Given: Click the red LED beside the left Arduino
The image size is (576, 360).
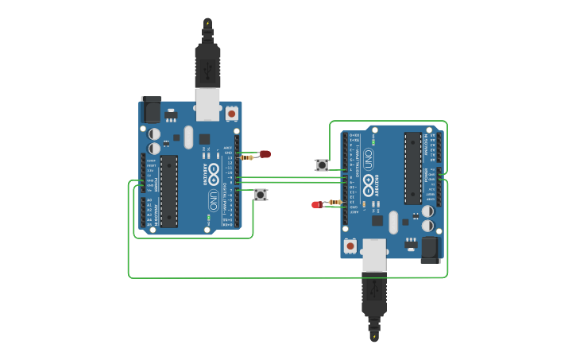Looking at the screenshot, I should click(265, 154).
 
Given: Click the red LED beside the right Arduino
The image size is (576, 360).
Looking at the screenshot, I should click(316, 204).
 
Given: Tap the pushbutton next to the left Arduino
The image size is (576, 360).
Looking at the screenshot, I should click(260, 194).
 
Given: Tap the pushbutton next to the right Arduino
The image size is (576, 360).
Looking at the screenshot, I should click(322, 165).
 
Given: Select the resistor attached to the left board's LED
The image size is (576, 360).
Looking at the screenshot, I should click(247, 157).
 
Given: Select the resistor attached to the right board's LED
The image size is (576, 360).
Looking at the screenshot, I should click(334, 202).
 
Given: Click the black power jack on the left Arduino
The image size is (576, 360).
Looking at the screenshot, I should click(151, 109).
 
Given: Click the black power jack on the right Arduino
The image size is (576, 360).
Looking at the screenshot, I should click(430, 250).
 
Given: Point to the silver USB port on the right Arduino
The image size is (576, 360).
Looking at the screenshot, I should click(374, 254).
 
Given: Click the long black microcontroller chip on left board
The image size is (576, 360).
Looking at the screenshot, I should click(168, 191).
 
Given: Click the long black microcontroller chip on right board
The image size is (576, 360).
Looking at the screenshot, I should click(412, 168).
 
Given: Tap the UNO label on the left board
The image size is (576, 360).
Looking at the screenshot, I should click(213, 199).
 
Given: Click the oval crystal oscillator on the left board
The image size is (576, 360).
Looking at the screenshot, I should click(188, 137).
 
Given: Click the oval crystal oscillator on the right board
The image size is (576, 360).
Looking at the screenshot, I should click(393, 222).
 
